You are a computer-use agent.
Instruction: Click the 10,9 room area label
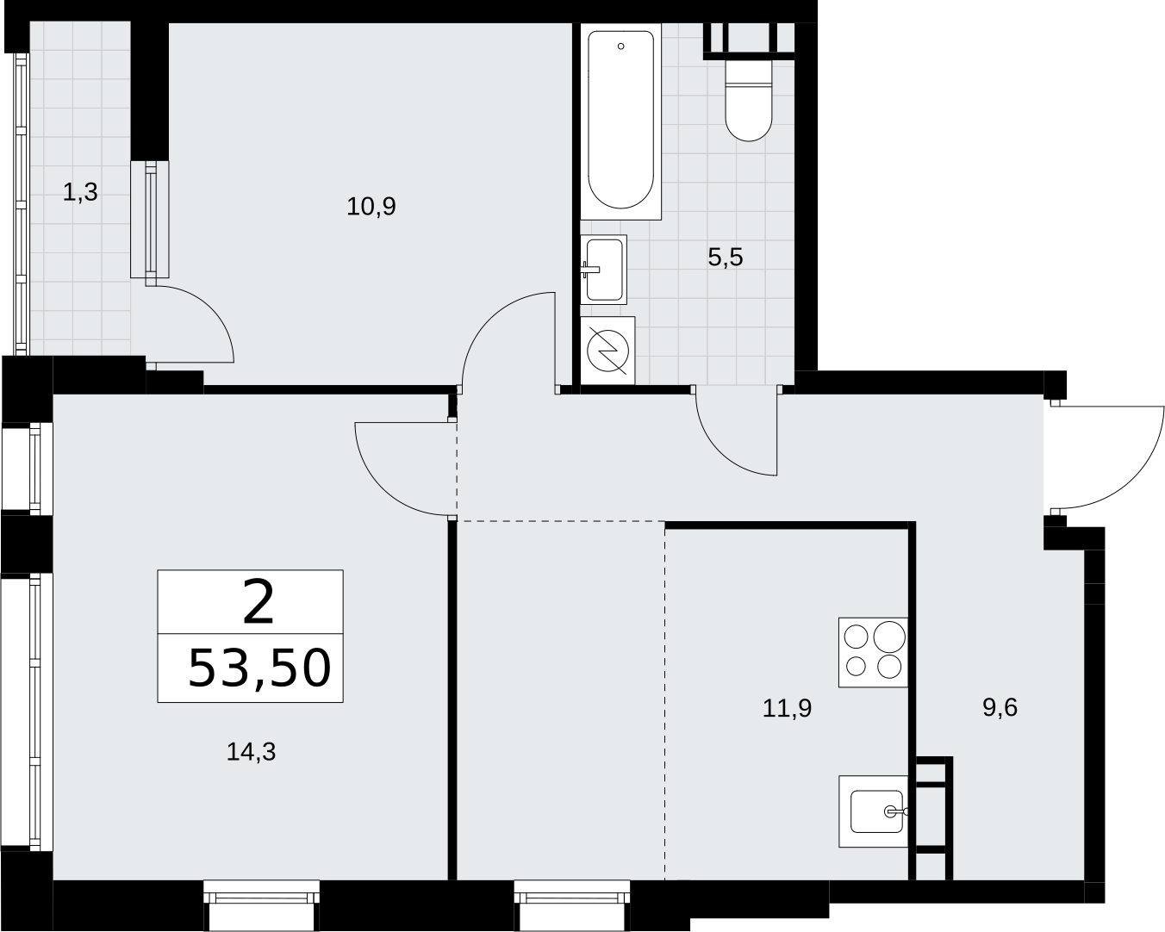click(x=371, y=207)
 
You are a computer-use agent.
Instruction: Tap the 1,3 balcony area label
click(x=80, y=192)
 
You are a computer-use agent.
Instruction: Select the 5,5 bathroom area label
click(x=726, y=257)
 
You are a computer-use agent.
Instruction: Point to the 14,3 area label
click(x=252, y=752)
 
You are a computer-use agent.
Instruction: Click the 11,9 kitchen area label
click(x=787, y=708)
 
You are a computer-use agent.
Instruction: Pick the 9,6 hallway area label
click(x=1000, y=707)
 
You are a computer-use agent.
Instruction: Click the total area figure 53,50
click(x=259, y=669)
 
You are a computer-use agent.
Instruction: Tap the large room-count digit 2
click(x=259, y=602)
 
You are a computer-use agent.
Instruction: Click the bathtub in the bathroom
click(x=621, y=121)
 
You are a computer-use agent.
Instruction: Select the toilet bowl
click(x=749, y=101)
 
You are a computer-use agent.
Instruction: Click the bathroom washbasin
click(x=604, y=270)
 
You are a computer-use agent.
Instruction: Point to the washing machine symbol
click(x=607, y=351)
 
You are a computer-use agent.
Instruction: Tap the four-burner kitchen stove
click(x=873, y=652)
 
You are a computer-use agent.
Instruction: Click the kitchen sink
click(x=873, y=811)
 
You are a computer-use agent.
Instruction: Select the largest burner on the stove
click(x=889, y=637)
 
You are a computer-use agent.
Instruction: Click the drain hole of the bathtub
click(x=621, y=47)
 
